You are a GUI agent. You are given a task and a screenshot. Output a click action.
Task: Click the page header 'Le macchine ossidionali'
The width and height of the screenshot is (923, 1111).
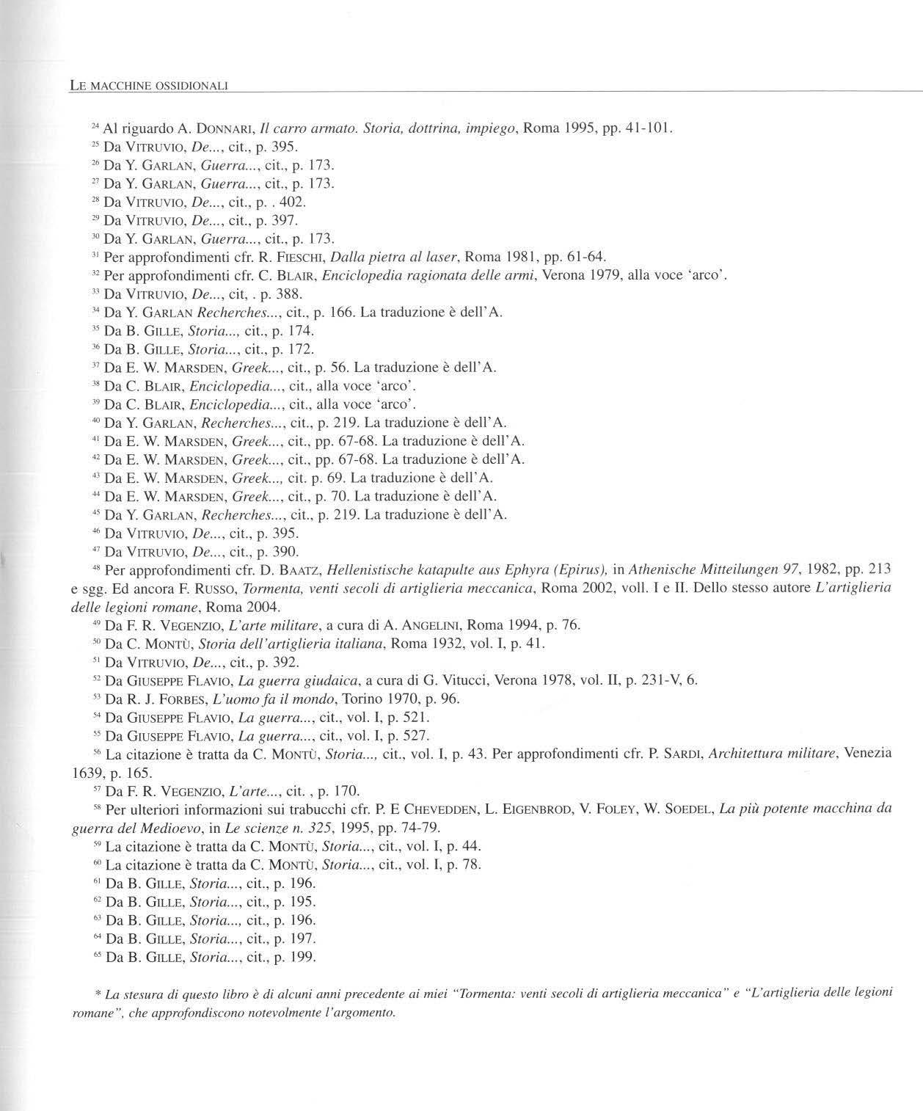click(149, 86)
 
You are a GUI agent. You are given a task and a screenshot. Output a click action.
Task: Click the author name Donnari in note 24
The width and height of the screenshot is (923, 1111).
click(224, 129)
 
